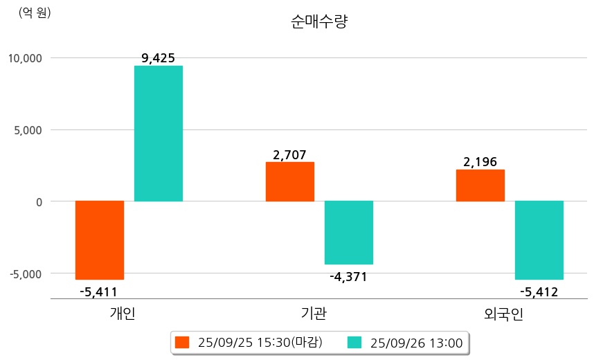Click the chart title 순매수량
(x=319, y=21)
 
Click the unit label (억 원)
(x=34, y=12)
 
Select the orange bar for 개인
(x=100, y=240)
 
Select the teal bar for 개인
(x=159, y=134)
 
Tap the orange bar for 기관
(x=290, y=181)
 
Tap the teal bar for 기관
(x=349, y=233)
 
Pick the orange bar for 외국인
(x=480, y=186)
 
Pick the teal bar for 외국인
(x=539, y=240)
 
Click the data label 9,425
(x=158, y=58)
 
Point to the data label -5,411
(x=98, y=291)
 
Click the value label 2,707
(x=289, y=155)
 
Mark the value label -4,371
(x=348, y=277)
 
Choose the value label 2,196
(x=480, y=163)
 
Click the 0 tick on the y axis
(x=38, y=201)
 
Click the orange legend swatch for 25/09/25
(x=182, y=342)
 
